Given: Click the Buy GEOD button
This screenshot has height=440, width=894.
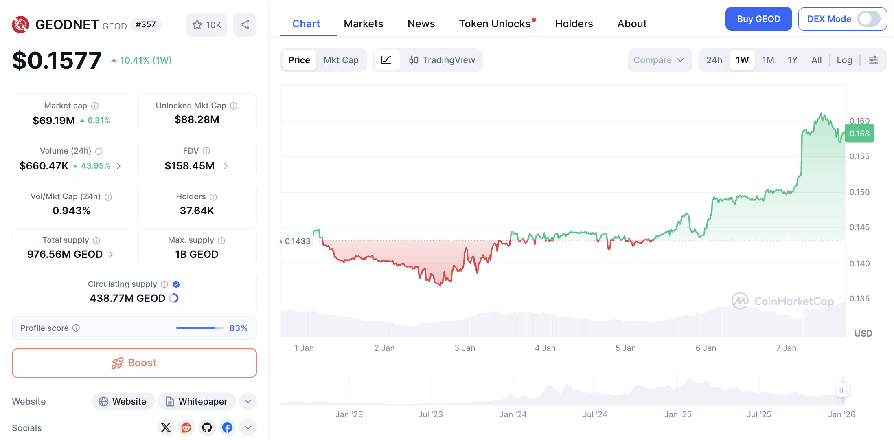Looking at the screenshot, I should [x=758, y=19].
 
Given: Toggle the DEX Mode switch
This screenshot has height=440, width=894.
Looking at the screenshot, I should [x=868, y=19].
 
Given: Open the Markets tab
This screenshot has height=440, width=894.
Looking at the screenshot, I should [x=363, y=24].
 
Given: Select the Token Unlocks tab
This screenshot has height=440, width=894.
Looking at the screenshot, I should [x=495, y=24].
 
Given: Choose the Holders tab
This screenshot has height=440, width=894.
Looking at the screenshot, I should [x=574, y=24].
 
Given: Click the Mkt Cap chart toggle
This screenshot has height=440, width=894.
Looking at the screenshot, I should [x=341, y=60].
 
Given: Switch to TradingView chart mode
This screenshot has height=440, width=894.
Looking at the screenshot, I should [x=442, y=60].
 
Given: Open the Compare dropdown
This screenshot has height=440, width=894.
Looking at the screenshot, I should [x=659, y=60].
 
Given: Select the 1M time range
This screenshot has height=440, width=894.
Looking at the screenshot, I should [x=768, y=60].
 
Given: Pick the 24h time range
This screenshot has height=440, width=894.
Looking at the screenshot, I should [x=714, y=60].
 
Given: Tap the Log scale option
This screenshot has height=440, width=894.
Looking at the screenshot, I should [x=844, y=60].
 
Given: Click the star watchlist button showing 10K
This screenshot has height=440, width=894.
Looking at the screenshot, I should [x=206, y=25].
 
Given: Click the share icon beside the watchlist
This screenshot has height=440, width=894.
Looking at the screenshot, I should [x=245, y=25].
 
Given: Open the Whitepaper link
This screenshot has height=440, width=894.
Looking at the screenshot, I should [x=197, y=401].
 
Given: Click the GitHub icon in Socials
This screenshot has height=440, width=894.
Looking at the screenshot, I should [x=207, y=427].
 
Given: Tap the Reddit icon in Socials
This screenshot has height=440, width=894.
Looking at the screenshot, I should [x=186, y=427].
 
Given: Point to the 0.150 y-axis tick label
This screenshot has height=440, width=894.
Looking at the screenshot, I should [x=859, y=192].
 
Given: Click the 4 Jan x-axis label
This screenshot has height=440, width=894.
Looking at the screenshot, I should [x=545, y=348].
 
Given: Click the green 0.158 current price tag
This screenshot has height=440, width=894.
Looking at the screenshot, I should [x=859, y=134].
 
